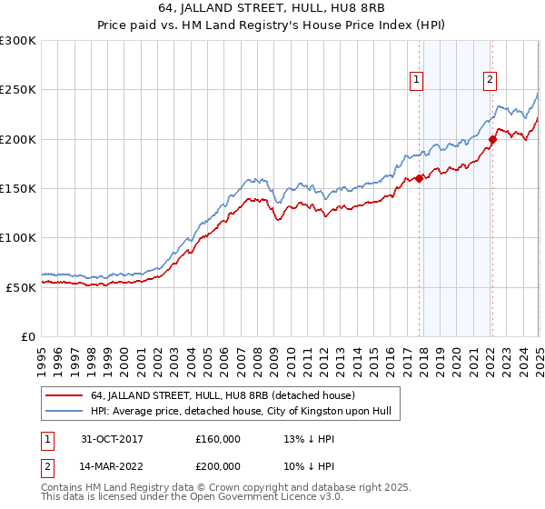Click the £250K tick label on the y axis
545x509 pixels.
[18, 90]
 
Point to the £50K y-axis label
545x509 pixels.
[21, 286]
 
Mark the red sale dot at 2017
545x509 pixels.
[420, 178]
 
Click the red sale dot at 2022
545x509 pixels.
[492, 139]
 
